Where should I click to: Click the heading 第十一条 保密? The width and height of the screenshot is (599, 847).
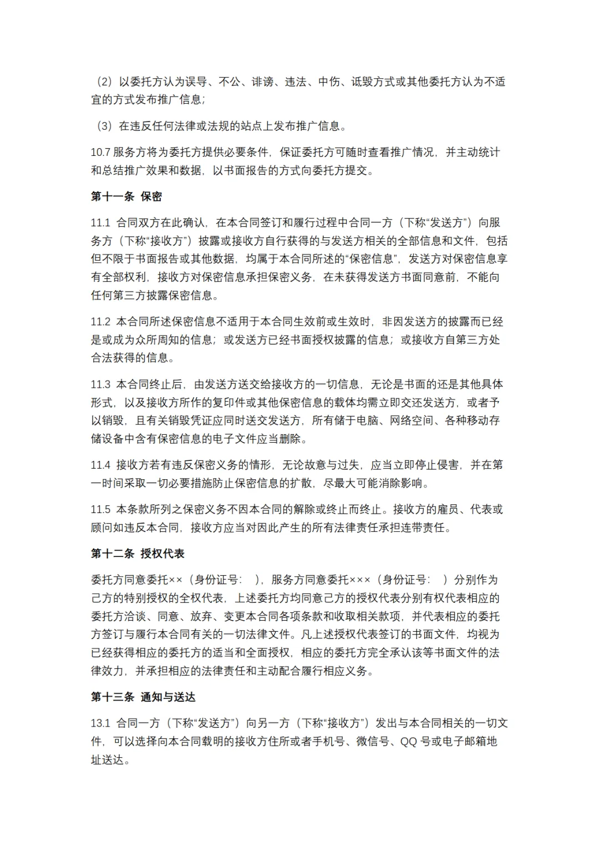point(126,196)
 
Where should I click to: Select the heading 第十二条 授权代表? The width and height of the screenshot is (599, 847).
point(137,553)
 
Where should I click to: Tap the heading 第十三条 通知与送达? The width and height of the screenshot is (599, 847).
point(143,697)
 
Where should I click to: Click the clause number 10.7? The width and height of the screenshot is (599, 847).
point(100,152)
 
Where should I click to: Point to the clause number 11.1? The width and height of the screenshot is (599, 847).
point(100,222)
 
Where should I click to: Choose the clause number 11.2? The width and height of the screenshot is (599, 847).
point(100,322)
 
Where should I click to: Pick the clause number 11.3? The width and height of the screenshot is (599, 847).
point(100,384)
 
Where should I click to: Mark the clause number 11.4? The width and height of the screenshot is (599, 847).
point(100,465)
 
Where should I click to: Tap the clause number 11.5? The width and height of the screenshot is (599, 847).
point(100,509)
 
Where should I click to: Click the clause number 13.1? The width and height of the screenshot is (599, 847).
point(100,723)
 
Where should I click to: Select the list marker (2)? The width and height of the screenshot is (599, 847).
point(104,82)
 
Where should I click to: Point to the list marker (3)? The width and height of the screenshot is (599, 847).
point(104,126)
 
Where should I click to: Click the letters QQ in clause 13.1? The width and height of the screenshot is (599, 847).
point(408,741)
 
